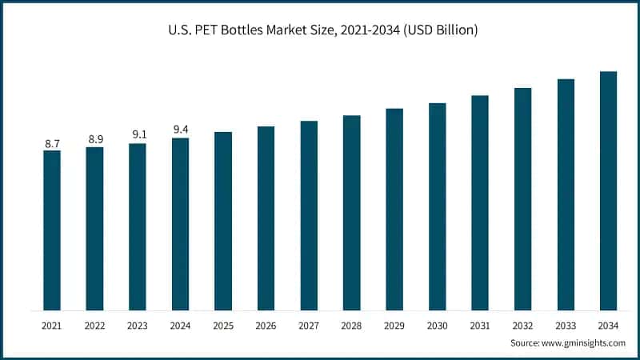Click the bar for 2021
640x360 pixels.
(52, 230)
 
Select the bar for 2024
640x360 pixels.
(181, 224)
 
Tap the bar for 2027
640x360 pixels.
(309, 215)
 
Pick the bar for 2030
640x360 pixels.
(438, 206)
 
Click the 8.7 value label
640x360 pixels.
(52, 144)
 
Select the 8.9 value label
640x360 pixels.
(95, 140)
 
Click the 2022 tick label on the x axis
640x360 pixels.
(95, 326)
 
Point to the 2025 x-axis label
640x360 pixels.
(223, 326)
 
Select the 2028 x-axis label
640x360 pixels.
(352, 326)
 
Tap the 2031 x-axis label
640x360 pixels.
(480, 326)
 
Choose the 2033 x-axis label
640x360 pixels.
(566, 326)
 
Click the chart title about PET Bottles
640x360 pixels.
(320, 31)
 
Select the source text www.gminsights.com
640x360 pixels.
(583, 342)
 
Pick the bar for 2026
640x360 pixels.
(266, 218)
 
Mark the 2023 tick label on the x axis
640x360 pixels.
(138, 326)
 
